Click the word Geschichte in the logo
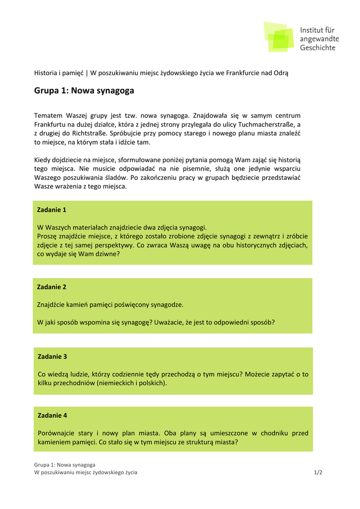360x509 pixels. click(x=317, y=48)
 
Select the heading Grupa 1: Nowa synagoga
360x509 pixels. click(x=84, y=90)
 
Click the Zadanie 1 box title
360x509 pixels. click(x=52, y=210)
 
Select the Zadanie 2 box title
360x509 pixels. click(x=52, y=287)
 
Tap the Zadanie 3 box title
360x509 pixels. click(x=52, y=356)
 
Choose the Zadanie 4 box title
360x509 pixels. click(x=52, y=416)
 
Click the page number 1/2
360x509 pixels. click(x=318, y=472)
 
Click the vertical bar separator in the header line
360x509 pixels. click(x=86, y=73)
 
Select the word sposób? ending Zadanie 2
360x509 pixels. click(x=262, y=322)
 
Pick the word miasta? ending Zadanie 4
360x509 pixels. click(x=226, y=442)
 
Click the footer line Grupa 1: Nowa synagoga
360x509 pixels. click(x=65, y=465)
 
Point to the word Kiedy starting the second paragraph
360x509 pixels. click(x=43, y=160)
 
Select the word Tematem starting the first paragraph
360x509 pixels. click(x=48, y=115)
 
